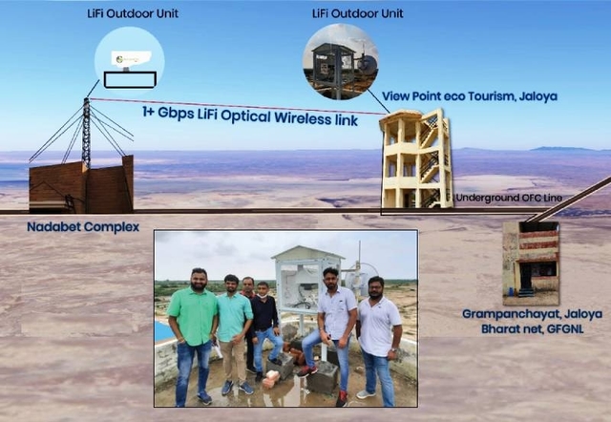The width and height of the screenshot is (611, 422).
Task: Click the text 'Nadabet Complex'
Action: (x=84, y=227)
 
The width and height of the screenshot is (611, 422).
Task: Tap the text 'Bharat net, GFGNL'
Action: (x=531, y=327)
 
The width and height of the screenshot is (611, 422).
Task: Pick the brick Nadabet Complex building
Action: (x=81, y=186)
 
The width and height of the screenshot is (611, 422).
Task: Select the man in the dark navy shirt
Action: (x=264, y=325)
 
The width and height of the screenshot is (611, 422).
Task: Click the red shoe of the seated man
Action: (x=308, y=369)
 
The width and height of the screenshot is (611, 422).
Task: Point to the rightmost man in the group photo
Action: (x=378, y=334)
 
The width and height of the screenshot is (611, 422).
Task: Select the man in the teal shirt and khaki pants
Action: (x=233, y=329)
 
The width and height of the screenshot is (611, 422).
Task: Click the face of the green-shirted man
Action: (x=198, y=278)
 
